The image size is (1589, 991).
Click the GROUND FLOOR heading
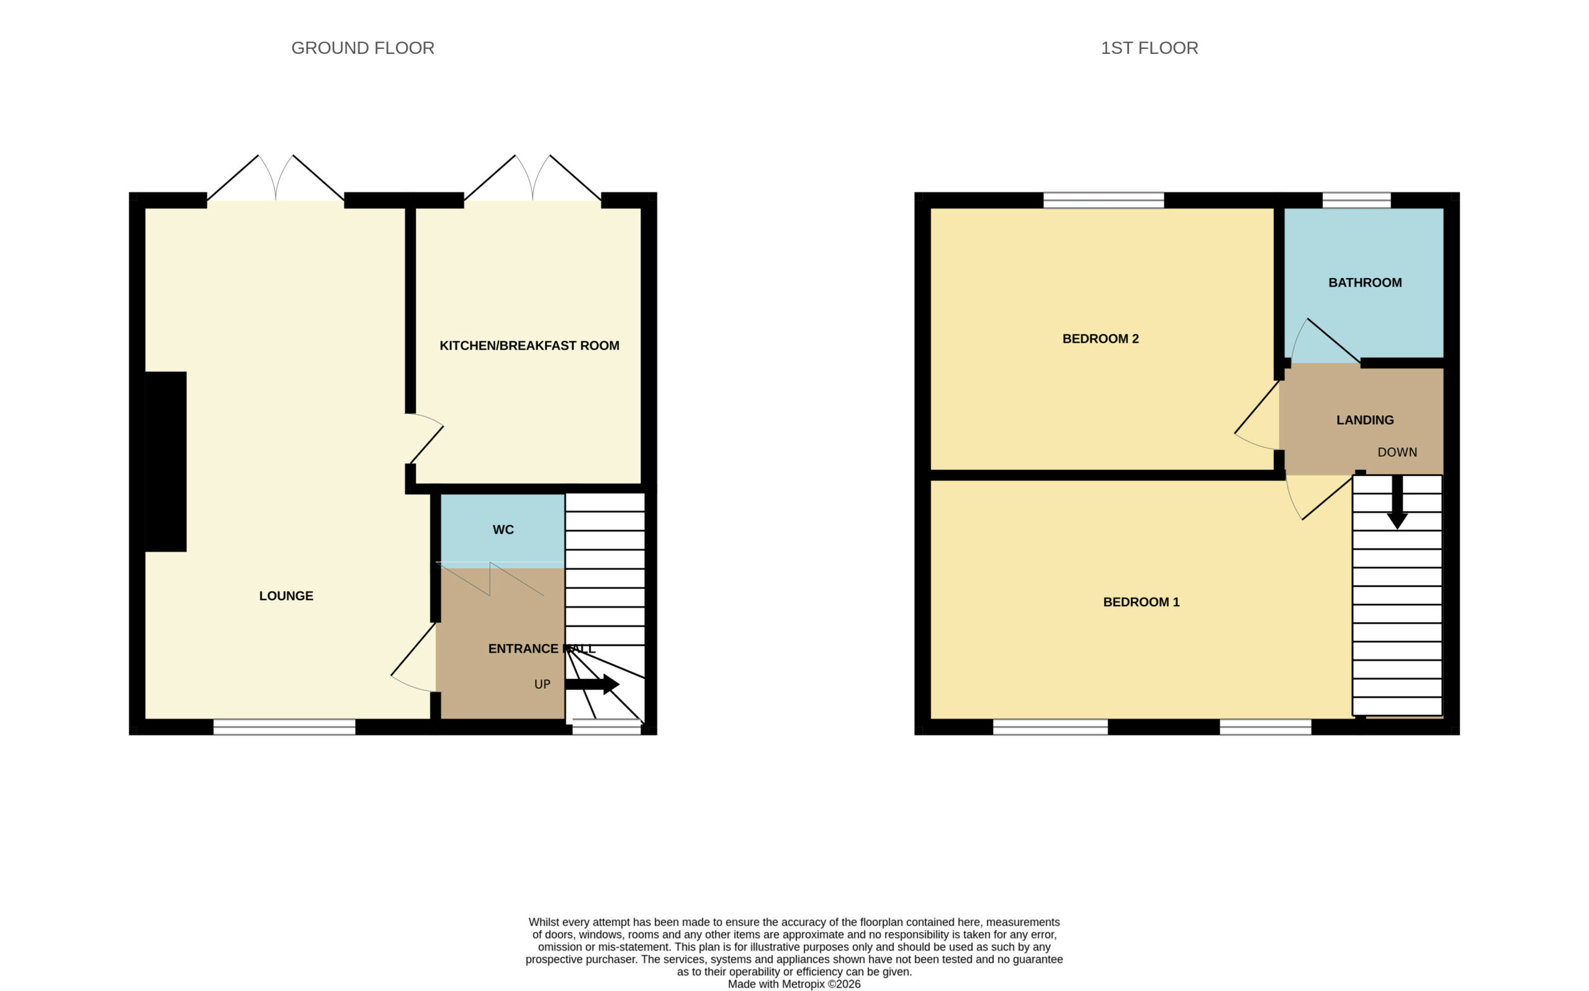tap(362, 48)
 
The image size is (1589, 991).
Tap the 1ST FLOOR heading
tap(1149, 48)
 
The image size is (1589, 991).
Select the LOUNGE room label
tap(287, 596)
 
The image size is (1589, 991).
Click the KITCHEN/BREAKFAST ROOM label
tap(529, 346)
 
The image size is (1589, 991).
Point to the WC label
tap(503, 529)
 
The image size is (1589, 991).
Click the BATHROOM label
tap(1365, 282)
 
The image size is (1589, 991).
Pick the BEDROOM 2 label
tap(1101, 339)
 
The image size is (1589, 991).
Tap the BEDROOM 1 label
tap(1141, 602)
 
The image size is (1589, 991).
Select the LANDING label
tap(1365, 420)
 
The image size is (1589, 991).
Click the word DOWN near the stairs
tap(1397, 452)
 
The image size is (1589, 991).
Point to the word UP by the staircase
tap(542, 684)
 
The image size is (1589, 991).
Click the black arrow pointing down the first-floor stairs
tap(1397, 502)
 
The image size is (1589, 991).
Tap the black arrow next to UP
tap(592, 684)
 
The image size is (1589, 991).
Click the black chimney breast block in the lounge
tap(165, 462)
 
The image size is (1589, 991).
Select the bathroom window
tap(1356, 200)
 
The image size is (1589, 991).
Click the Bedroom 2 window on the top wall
tap(1103, 200)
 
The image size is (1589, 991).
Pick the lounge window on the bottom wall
tap(284, 727)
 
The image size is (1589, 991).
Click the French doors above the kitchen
tap(533, 177)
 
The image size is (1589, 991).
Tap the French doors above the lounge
tap(276, 177)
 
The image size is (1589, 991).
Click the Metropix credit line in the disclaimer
tap(794, 984)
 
